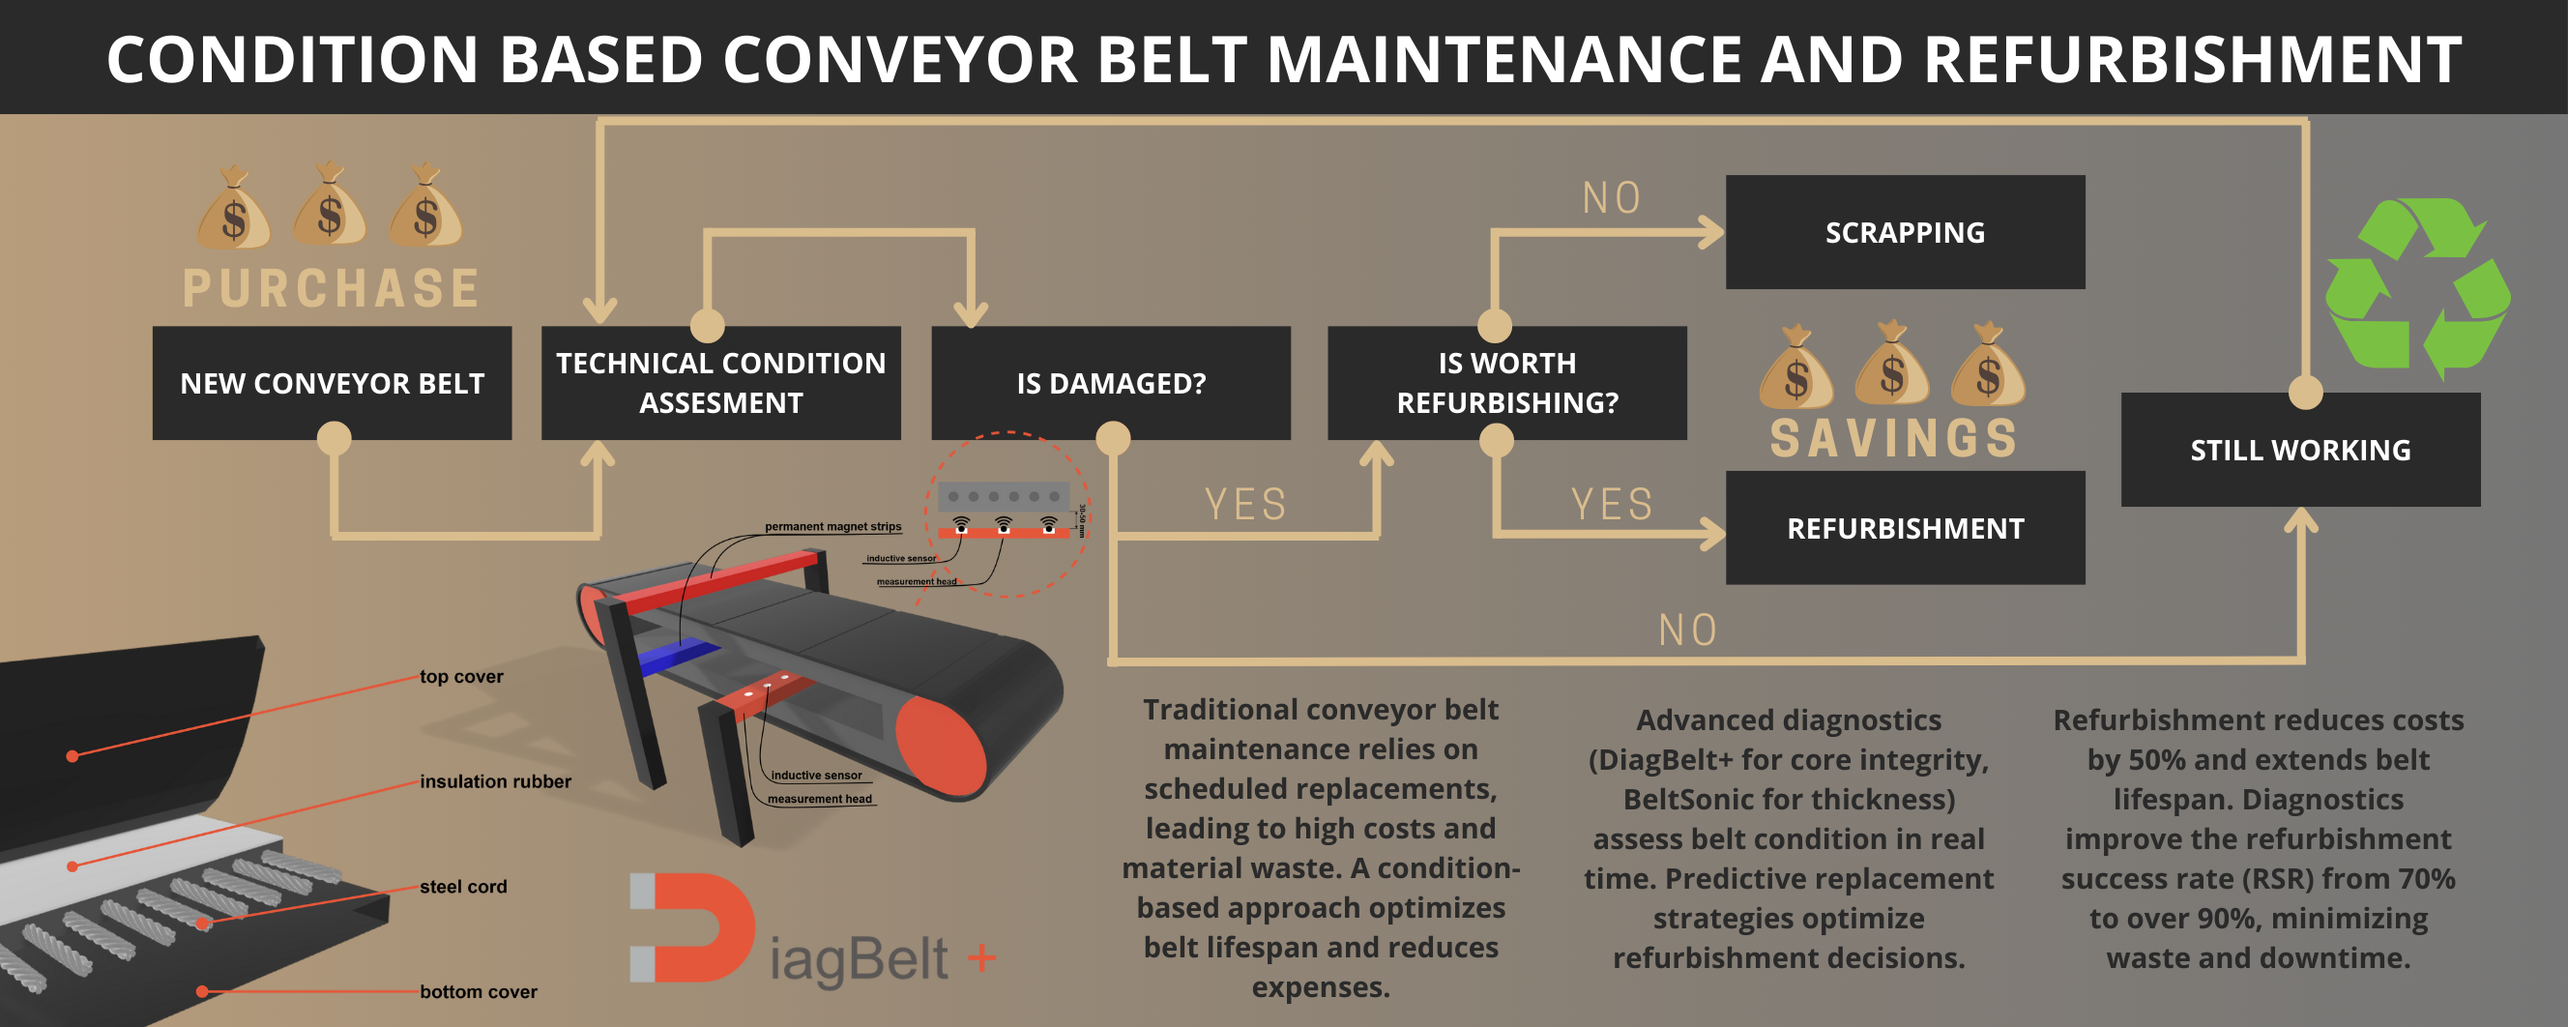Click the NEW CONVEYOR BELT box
[x=332, y=383]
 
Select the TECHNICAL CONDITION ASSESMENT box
[x=720, y=383]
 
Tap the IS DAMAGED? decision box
[x=1111, y=383]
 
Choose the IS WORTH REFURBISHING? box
[x=1506, y=383]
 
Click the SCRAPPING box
[x=1904, y=232]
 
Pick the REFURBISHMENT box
[x=1904, y=527]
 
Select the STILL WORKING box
[x=2300, y=450]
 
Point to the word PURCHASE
[x=331, y=288]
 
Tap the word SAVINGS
[x=1893, y=439]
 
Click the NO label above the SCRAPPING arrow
[x=1611, y=198]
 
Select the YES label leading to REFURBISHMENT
[x=1611, y=505]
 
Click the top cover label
[x=460, y=676]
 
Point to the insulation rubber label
[x=495, y=781]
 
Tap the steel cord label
[x=462, y=887]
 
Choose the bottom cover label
[x=478, y=991]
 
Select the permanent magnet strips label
[x=832, y=526]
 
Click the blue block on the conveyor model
[x=678, y=655]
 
